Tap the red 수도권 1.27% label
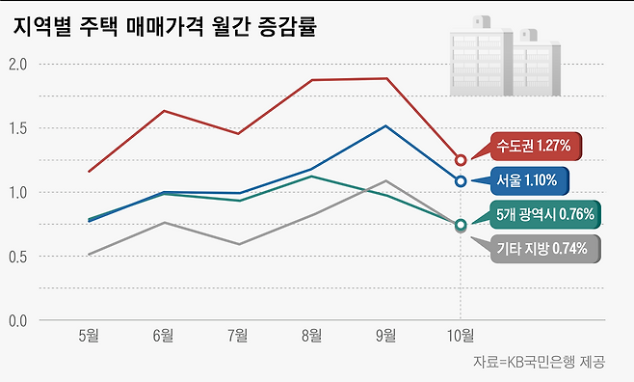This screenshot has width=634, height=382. tap(533, 147)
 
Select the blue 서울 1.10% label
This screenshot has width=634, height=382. tap(528, 179)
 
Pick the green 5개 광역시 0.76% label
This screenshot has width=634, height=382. tap(546, 214)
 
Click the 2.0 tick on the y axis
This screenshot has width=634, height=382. tap(18, 65)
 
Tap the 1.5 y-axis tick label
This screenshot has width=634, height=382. tap(18, 128)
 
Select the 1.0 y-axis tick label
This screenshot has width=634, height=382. tap(18, 192)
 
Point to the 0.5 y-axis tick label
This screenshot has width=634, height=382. tap(18, 256)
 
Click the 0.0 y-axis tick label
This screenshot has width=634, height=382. tap(18, 319)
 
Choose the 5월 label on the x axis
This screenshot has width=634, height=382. tap(89, 336)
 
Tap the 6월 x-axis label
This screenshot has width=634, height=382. tap(163, 336)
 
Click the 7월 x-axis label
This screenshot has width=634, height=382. tap(237, 336)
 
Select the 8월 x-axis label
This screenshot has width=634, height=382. tap(311, 336)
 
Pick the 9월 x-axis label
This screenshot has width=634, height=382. tap(385, 336)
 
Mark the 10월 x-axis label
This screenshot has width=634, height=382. tap(461, 336)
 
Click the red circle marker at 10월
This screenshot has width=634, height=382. tap(461, 159)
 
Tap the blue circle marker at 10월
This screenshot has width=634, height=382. tap(461, 180)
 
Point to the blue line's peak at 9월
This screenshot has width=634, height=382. tap(385, 125)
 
